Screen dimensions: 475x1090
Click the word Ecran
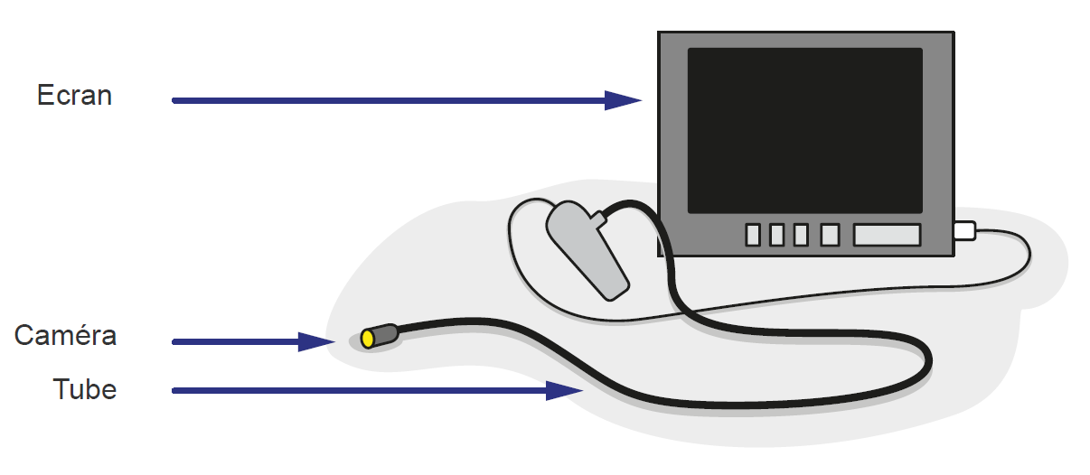pyautogui.click(x=74, y=96)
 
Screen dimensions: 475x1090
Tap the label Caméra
pyautogui.click(x=65, y=336)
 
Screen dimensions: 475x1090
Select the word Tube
pyautogui.click(x=85, y=390)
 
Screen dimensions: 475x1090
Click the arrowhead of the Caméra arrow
pyautogui.click(x=318, y=341)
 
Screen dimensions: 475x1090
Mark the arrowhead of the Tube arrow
pyautogui.click(x=566, y=390)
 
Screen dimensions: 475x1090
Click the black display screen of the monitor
pyautogui.click(x=804, y=130)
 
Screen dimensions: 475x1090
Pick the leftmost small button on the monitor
pyautogui.click(x=753, y=235)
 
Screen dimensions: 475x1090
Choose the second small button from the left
pyautogui.click(x=776, y=235)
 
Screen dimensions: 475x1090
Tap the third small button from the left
pyautogui.click(x=801, y=235)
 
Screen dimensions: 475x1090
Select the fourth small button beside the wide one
pyautogui.click(x=830, y=235)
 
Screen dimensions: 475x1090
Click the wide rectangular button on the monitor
pyautogui.click(x=887, y=235)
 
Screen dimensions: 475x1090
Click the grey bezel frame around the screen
pyautogui.click(x=672, y=135)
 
